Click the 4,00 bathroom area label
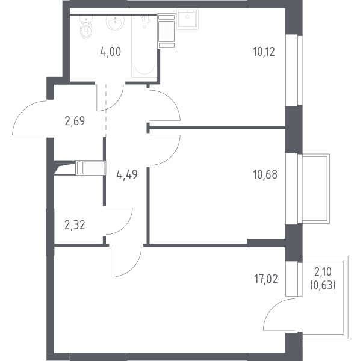pos(111,52)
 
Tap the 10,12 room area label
pos(264,52)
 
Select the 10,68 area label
pos(265,174)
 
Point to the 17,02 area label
pos(266,279)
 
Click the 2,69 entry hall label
pos(75,121)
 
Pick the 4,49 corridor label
pos(127,174)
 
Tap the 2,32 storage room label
pos(75,225)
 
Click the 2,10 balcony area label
pos(323,272)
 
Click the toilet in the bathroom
pos(86,27)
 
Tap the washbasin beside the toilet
pos(115,23)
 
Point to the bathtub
pos(144,46)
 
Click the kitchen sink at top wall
pos(188,19)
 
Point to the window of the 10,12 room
pos(294,70)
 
